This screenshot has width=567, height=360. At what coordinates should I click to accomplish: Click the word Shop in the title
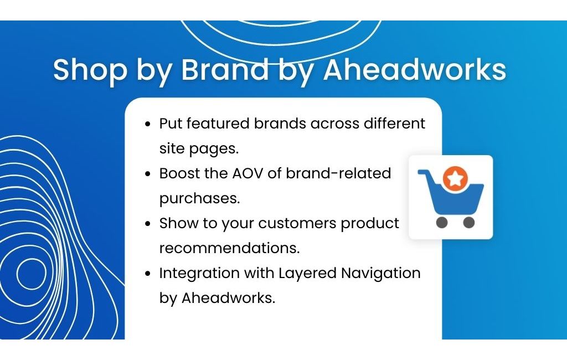tap(90, 70)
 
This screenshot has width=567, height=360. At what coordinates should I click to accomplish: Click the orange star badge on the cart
tap(455, 178)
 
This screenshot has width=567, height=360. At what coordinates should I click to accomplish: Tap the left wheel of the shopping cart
tap(442, 223)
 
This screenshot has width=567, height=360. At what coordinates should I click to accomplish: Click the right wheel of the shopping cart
tap(468, 223)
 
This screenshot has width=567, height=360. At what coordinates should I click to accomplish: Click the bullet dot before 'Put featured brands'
tap(147, 124)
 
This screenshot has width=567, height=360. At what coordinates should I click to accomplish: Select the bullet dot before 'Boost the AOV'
tap(147, 174)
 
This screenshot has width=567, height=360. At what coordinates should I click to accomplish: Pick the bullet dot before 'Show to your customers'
tap(147, 224)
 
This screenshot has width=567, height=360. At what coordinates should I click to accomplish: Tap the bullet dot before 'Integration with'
tap(147, 274)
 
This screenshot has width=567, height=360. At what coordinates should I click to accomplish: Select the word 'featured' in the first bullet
tap(218, 124)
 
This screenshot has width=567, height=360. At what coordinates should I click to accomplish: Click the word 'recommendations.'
tap(230, 248)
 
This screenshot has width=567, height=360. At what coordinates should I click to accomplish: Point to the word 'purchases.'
tap(199, 199)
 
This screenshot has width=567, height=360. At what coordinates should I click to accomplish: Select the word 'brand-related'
tap(338, 174)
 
